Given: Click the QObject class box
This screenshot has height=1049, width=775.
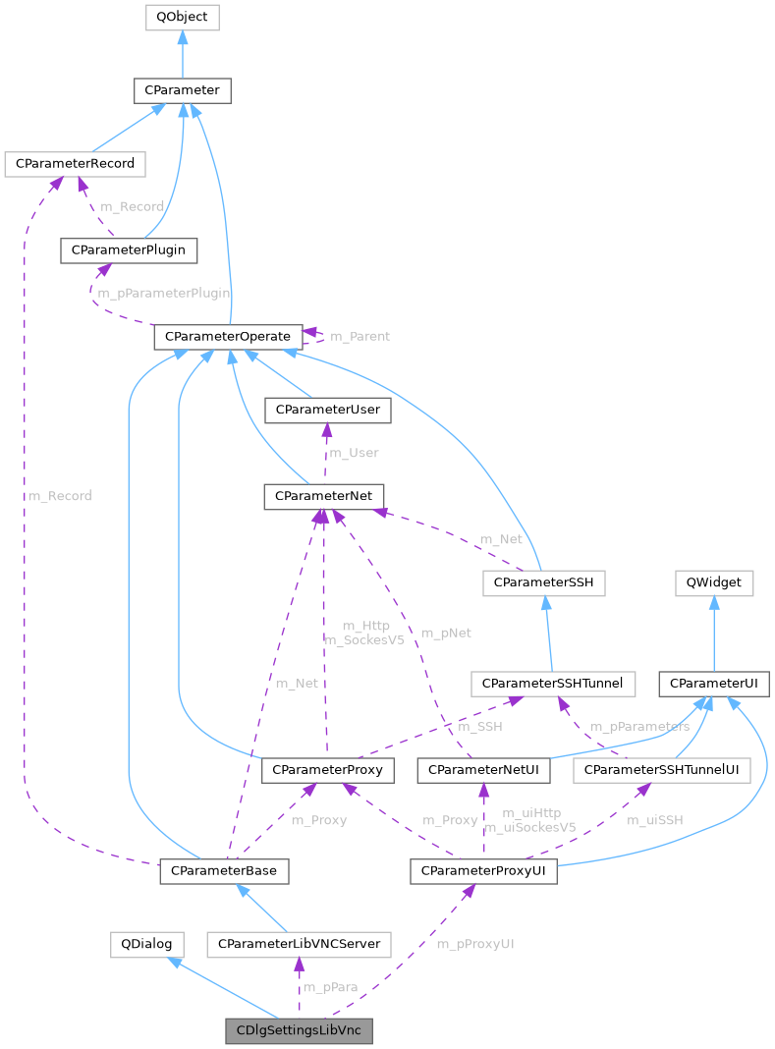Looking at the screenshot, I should (182, 17).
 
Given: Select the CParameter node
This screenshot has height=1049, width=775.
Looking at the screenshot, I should (182, 91).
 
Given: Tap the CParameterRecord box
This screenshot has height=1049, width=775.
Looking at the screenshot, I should (75, 163).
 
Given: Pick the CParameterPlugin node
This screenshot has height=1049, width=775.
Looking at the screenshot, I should (129, 250).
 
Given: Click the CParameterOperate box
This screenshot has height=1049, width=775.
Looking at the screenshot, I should (228, 337).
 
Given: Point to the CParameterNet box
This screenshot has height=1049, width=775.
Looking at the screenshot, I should (323, 496).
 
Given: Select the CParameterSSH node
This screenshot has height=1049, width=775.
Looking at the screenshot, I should (543, 582).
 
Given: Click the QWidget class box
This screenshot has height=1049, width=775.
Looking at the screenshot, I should (714, 582).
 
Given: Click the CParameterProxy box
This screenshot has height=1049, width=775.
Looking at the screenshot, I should (328, 771).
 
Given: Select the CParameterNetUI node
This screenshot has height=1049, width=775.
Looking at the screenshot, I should (483, 771).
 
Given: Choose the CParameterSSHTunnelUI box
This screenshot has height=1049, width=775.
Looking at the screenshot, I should (662, 771).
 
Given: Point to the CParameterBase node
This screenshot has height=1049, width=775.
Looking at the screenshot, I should (224, 870).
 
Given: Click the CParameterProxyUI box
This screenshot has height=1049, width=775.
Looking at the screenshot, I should (483, 870).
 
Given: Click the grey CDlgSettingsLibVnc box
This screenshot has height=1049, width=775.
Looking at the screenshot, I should (299, 1031).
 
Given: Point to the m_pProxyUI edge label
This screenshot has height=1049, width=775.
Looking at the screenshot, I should (475, 944).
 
